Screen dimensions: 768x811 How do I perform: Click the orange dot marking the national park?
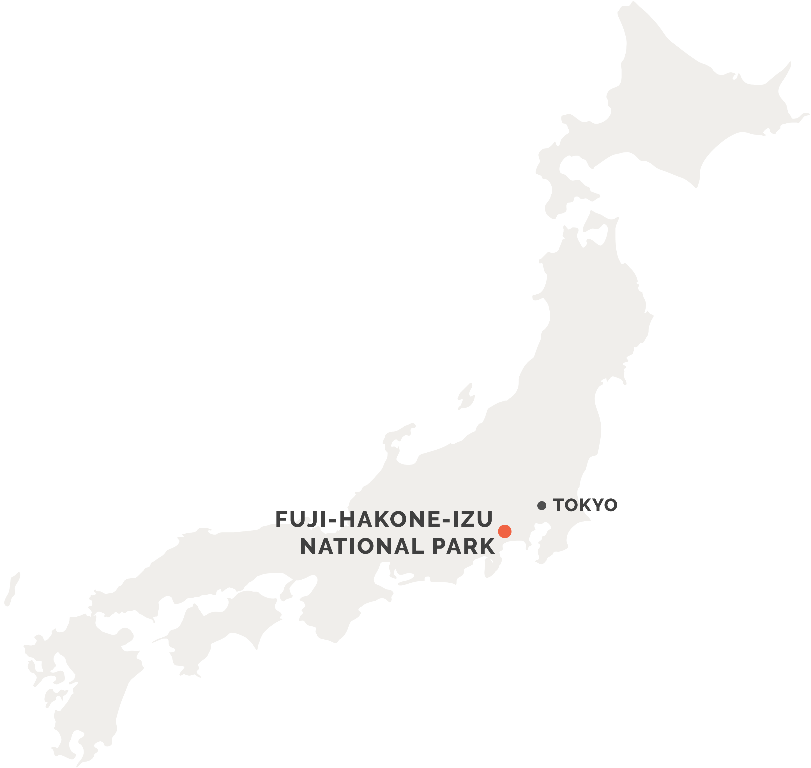[x=504, y=531]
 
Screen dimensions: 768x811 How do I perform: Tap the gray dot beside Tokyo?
[x=542, y=506]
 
